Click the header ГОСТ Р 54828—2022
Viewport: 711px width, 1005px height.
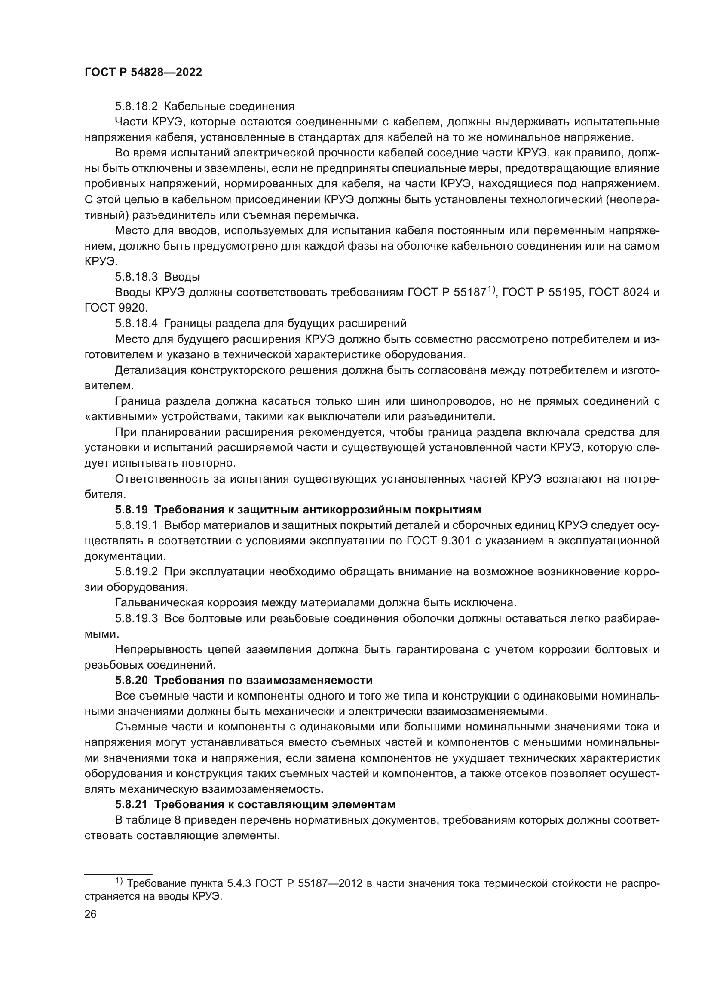pos(143,73)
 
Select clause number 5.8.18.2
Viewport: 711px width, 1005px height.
pos(136,107)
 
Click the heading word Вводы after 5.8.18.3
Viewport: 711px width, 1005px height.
pos(182,277)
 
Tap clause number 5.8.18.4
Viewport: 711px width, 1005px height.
pos(136,324)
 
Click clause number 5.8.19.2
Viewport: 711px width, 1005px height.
pos(136,571)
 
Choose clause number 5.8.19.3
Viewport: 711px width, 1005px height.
pos(136,618)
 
